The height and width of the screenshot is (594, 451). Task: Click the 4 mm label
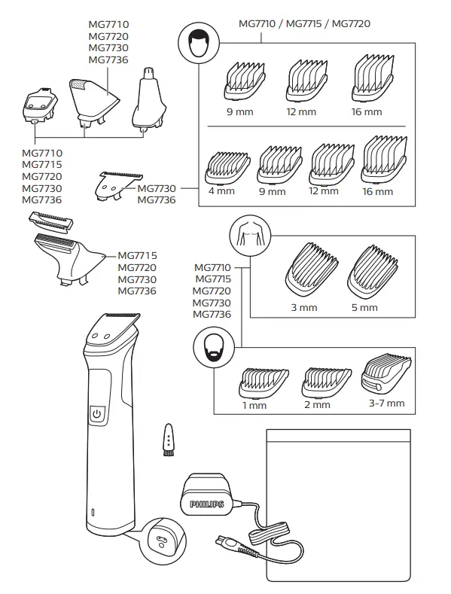point(221,191)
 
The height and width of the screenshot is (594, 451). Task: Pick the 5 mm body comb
point(371,273)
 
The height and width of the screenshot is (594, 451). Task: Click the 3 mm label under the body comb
point(305,307)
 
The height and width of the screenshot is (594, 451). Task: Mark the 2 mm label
point(317,404)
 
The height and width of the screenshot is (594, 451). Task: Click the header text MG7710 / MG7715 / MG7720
point(303,23)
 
